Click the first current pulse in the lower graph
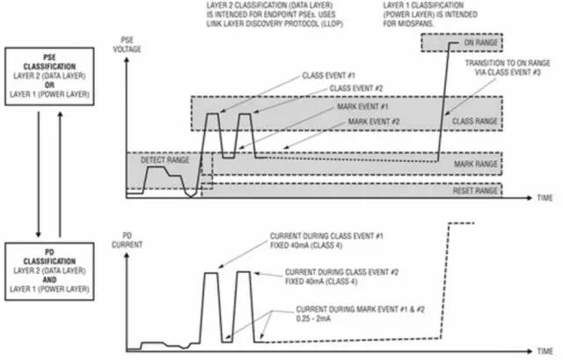click(211, 304)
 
